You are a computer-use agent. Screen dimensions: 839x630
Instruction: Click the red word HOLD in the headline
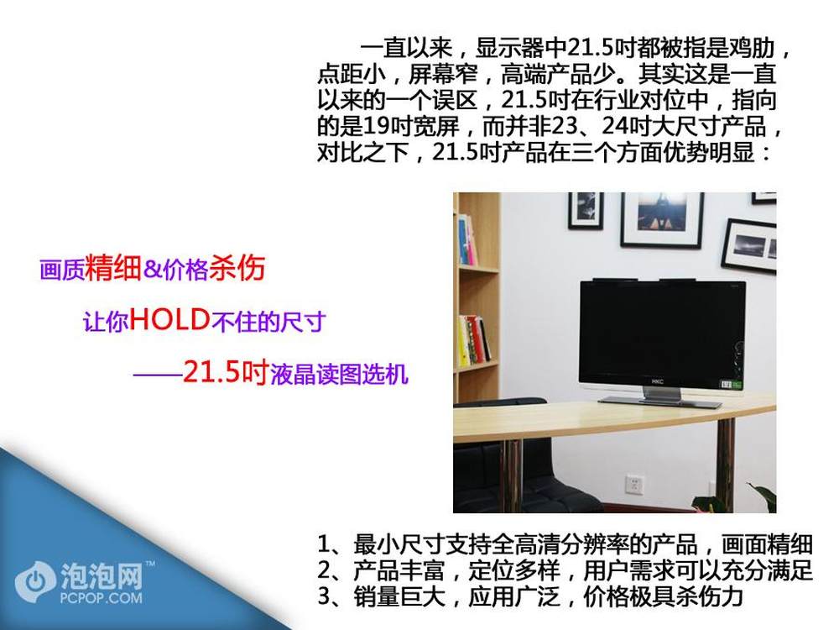[169, 319]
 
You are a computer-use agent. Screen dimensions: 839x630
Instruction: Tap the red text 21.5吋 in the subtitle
[225, 371]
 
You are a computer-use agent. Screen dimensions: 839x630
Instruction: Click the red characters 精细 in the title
[113, 267]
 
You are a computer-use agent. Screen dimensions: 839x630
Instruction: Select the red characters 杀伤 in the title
[237, 267]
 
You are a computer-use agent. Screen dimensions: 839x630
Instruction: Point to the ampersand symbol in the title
[153, 269]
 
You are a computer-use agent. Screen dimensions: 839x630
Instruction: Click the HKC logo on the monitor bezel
[658, 381]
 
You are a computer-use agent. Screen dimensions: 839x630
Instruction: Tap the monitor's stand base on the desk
[660, 401]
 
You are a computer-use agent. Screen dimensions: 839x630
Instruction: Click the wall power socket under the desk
[634, 485]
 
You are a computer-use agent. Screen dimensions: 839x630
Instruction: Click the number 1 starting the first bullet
[324, 544]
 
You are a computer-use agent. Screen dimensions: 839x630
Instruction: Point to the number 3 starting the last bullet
[324, 596]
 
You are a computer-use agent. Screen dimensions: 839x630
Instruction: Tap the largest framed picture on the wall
[663, 218]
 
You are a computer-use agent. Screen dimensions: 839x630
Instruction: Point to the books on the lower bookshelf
[473, 341]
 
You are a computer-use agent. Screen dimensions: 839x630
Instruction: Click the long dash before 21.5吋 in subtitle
[158, 374]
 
